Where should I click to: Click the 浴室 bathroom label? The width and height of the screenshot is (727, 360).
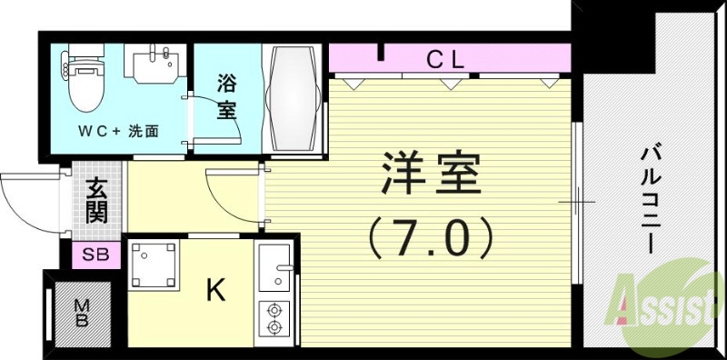pyautogui.click(x=227, y=96)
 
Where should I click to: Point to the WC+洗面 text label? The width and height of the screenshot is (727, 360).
pyautogui.click(x=117, y=130)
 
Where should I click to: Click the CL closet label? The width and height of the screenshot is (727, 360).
pyautogui.click(x=445, y=61)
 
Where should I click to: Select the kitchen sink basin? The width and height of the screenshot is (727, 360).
pyautogui.click(x=274, y=267)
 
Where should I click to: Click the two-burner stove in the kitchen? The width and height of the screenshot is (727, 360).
pyautogui.click(x=274, y=318)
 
